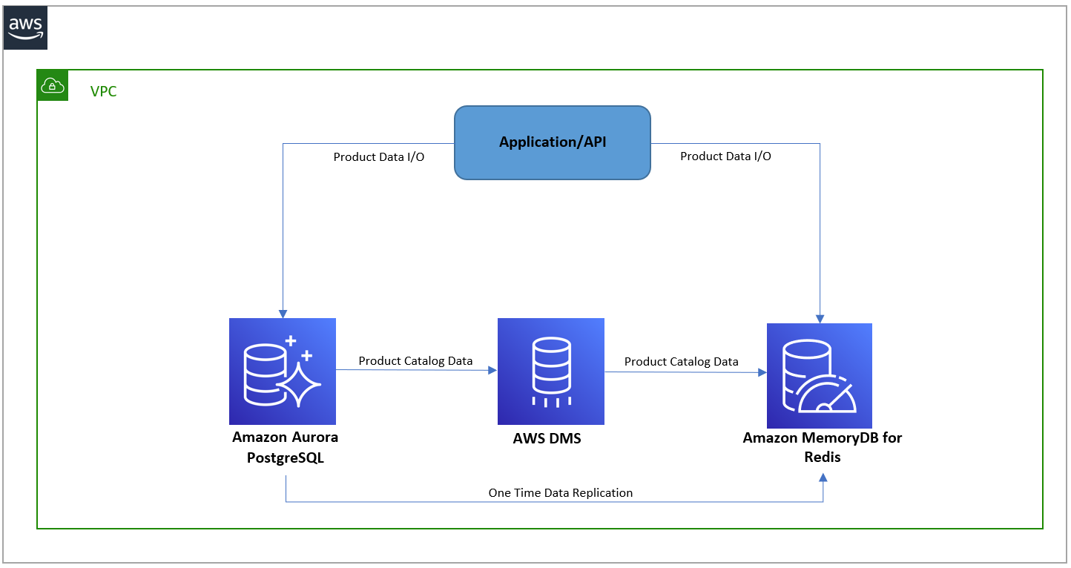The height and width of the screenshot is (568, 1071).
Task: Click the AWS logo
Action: pyautogui.click(x=25, y=28)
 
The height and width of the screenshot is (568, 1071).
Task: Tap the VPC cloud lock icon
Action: pyautogui.click(x=53, y=85)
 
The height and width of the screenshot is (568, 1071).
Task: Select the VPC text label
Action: pyautogui.click(x=103, y=92)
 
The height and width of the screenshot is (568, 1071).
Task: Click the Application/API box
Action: pyautogui.click(x=553, y=142)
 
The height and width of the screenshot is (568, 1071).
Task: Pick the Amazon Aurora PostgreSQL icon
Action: pyautogui.click(x=283, y=371)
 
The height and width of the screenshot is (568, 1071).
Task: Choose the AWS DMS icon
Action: pyautogui.click(x=551, y=371)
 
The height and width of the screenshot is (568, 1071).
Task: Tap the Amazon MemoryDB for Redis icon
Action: pyautogui.click(x=819, y=375)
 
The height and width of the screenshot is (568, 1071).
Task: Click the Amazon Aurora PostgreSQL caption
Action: pyautogui.click(x=285, y=447)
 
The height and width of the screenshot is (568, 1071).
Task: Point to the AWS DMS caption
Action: pyautogui.click(x=547, y=438)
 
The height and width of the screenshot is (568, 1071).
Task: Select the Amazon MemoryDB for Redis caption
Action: pyautogui.click(x=823, y=447)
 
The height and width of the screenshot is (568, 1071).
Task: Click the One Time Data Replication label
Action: pyautogui.click(x=561, y=492)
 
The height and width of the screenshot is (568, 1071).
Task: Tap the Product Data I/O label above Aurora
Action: pyautogui.click(x=379, y=157)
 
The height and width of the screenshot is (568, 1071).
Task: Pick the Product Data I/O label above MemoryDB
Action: pyautogui.click(x=725, y=156)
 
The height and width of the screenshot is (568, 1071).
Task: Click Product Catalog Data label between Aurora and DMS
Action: pyautogui.click(x=415, y=360)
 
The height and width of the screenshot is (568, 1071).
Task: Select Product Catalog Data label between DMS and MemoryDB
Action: pyautogui.click(x=681, y=361)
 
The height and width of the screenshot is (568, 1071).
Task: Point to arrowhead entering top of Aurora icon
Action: pyautogui.click(x=283, y=313)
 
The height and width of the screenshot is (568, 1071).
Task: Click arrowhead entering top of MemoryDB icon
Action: pyautogui.click(x=820, y=318)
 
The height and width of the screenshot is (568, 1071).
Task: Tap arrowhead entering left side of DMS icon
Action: pyautogui.click(x=492, y=369)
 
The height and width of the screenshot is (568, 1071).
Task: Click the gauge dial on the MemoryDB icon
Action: pyautogui.click(x=829, y=397)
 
